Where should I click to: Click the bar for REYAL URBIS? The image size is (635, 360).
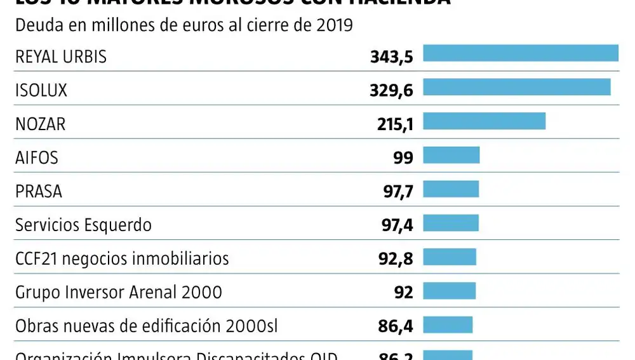(x=520, y=53)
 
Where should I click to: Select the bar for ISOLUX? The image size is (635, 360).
(x=516, y=87)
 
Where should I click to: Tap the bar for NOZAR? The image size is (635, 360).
(x=484, y=121)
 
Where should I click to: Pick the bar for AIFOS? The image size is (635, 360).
(x=451, y=155)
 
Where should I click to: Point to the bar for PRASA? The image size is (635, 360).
(x=451, y=189)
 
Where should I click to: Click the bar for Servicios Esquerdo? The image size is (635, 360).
(x=451, y=223)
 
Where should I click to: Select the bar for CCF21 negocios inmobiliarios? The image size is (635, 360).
(x=450, y=257)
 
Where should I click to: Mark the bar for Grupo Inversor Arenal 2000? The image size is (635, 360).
(x=449, y=291)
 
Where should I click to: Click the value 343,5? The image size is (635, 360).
(x=391, y=57)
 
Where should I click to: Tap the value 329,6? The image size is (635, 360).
(x=391, y=91)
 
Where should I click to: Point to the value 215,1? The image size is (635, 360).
(x=395, y=124)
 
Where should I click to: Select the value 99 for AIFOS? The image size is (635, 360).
(x=403, y=158)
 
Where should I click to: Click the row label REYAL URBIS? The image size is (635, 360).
(x=61, y=57)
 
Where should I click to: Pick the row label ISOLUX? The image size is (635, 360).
(x=41, y=91)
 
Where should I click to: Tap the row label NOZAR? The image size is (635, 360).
(x=40, y=124)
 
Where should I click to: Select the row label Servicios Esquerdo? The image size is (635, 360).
(x=83, y=225)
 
